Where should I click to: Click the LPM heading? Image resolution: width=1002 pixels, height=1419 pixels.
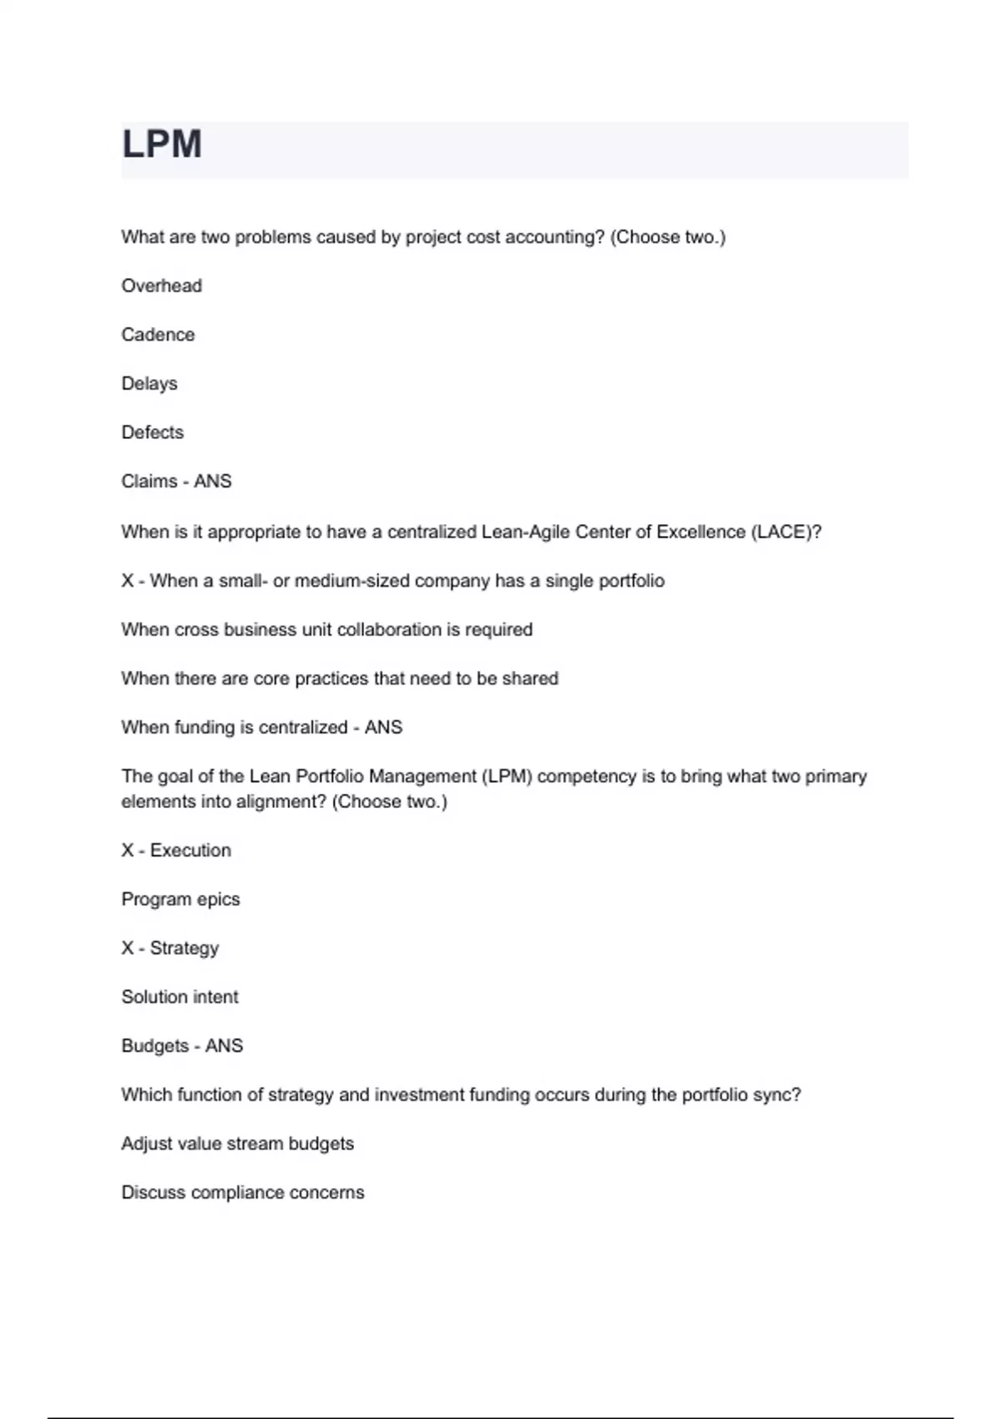pyautogui.click(x=162, y=144)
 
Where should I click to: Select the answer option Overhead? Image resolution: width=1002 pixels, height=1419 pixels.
pyautogui.click(x=161, y=286)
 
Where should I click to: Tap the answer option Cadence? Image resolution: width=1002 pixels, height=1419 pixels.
pyautogui.click(x=158, y=335)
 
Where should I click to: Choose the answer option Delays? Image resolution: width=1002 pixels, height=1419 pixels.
pyautogui.click(x=149, y=384)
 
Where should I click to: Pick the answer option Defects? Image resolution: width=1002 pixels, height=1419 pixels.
pyautogui.click(x=152, y=432)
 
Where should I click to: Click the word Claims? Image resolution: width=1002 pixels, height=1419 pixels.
pyautogui.click(x=149, y=482)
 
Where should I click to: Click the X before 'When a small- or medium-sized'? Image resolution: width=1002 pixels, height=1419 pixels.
pyautogui.click(x=127, y=581)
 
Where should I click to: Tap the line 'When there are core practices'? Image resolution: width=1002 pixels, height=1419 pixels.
pyautogui.click(x=339, y=679)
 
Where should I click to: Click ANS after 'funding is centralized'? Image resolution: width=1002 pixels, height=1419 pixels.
pyautogui.click(x=383, y=728)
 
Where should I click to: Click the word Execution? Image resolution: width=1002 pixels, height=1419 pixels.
pyautogui.click(x=190, y=851)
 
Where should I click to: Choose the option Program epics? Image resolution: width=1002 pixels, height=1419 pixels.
pyautogui.click(x=180, y=900)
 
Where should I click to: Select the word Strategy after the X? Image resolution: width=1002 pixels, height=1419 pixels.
pyautogui.click(x=184, y=948)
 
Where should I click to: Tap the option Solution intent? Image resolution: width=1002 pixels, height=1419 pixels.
pyautogui.click(x=180, y=997)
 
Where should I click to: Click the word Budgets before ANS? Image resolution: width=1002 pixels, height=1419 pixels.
pyautogui.click(x=155, y=1046)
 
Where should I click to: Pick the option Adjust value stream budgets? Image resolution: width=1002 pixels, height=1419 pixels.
pyautogui.click(x=237, y=1144)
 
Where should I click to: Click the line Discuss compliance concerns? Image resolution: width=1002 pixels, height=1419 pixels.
pyautogui.click(x=242, y=1193)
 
